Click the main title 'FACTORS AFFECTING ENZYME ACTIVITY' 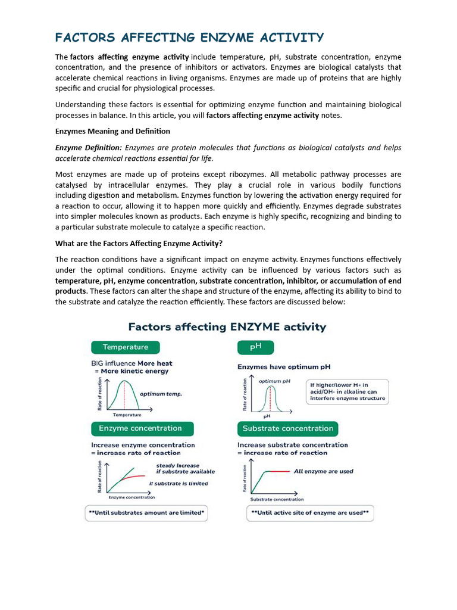click(189, 38)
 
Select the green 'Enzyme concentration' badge click(140, 428)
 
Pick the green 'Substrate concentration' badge click(287, 428)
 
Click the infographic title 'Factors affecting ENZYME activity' click(227, 327)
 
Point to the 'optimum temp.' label click(161, 394)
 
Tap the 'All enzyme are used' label click(323, 471)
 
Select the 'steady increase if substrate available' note click(177, 468)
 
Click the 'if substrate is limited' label click(179, 483)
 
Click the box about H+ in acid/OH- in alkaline click(347, 391)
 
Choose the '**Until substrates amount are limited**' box click(146, 512)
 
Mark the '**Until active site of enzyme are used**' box click(310, 512)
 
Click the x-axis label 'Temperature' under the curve click(127, 415)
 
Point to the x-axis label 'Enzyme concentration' click(131, 497)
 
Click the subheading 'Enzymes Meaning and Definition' click(112, 131)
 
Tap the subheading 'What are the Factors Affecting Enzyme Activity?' click(139, 243)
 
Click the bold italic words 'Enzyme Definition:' click(89, 148)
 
